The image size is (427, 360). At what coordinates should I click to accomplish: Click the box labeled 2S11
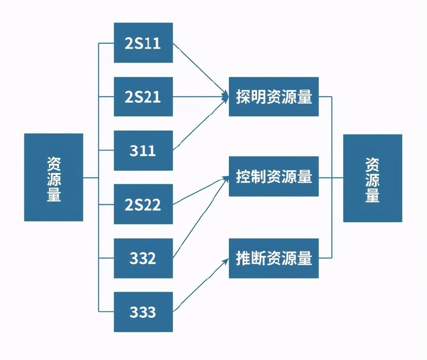[143, 43]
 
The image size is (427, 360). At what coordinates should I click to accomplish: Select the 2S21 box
[143, 96]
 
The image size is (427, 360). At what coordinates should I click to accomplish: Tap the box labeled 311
[143, 151]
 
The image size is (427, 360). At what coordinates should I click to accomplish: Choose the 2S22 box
[143, 204]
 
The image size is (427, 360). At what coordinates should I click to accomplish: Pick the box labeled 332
[143, 258]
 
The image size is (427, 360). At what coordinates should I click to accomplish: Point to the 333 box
[143, 312]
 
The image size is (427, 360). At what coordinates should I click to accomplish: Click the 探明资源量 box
[274, 96]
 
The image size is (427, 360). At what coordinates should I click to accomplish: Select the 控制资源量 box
[274, 176]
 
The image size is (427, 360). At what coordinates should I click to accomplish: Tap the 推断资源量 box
[274, 258]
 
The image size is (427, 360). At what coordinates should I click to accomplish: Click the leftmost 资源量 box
[54, 177]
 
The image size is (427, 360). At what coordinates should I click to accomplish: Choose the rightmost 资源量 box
[372, 178]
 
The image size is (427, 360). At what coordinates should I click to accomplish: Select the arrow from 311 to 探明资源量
[201, 123]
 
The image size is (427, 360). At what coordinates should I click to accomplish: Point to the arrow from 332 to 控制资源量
[201, 218]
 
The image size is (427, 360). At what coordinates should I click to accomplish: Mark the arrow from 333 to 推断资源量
[201, 285]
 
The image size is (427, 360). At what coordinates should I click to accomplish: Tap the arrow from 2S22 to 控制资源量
[201, 191]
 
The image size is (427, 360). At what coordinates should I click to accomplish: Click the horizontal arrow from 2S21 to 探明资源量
[201, 96]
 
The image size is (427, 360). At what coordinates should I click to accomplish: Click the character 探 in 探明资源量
[243, 96]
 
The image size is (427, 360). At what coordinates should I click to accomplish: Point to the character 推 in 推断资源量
[243, 258]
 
